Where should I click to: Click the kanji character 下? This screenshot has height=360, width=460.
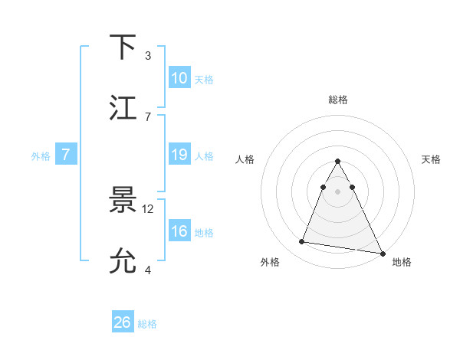click(x=123, y=47)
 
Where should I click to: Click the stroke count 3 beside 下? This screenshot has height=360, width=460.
click(x=148, y=55)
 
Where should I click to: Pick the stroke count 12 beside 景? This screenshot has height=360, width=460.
click(x=149, y=208)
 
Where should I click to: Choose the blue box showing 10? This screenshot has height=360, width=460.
click(x=179, y=78)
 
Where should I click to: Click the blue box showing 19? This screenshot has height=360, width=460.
click(x=179, y=155)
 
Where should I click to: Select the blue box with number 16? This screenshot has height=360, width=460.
click(x=179, y=231)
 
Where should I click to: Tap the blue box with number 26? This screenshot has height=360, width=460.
click(x=122, y=322)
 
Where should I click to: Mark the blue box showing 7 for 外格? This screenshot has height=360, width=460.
click(x=67, y=155)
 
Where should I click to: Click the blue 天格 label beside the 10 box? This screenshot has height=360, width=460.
click(x=204, y=80)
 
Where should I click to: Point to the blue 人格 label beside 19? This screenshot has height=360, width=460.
click(x=204, y=156)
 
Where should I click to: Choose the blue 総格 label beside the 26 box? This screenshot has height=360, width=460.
click(x=147, y=324)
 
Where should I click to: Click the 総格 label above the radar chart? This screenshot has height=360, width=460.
click(x=337, y=100)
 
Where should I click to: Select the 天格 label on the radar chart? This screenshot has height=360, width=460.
click(x=432, y=159)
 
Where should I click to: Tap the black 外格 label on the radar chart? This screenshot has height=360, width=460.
click(x=270, y=262)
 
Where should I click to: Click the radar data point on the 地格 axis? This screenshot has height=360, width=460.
click(x=382, y=254)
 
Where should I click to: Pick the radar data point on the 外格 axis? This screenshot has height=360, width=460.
click(x=301, y=242)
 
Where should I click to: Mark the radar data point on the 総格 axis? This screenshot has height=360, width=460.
click(x=337, y=162)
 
